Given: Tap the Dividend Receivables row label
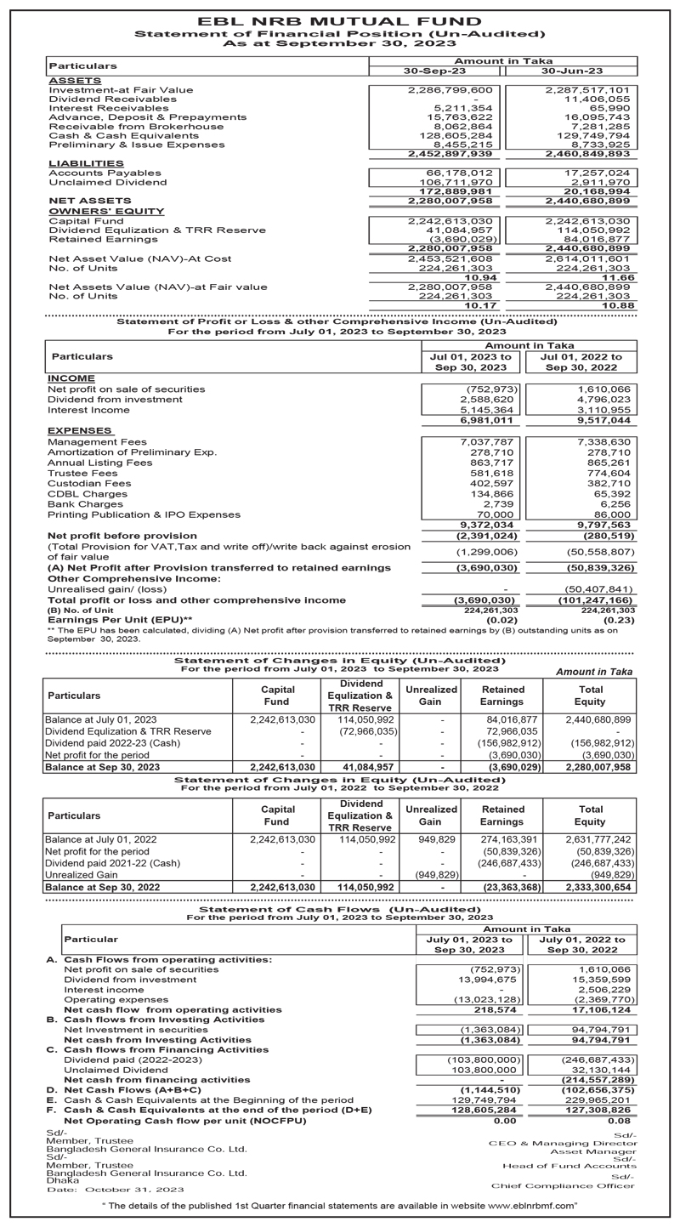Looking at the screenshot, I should coord(112,99).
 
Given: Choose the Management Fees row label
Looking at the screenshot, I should coord(97,442).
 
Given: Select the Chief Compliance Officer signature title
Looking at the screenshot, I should coord(562,1185).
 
